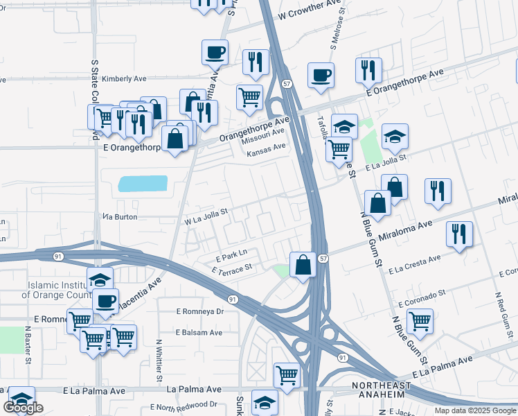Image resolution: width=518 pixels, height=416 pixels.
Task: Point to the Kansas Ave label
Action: click(x=265, y=147)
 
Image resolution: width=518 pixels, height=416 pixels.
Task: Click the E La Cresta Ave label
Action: click(x=414, y=264)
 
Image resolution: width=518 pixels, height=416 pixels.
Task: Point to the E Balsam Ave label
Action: click(x=199, y=333)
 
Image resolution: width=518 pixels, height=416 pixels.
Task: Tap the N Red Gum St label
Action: click(x=499, y=320)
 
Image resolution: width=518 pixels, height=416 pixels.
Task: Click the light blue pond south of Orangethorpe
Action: click(x=143, y=183)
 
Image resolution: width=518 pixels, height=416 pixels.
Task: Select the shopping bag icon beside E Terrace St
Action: click(x=303, y=264)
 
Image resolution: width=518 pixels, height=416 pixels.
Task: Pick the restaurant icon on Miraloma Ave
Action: click(x=459, y=234)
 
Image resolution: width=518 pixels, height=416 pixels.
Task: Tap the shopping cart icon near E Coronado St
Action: click(x=420, y=321)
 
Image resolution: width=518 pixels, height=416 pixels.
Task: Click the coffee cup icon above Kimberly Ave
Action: click(x=215, y=52)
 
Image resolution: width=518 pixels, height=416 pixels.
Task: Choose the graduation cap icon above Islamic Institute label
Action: click(x=100, y=279)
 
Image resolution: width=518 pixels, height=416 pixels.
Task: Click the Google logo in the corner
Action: click(x=23, y=408)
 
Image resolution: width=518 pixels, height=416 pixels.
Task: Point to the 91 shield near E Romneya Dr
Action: click(x=232, y=300)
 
